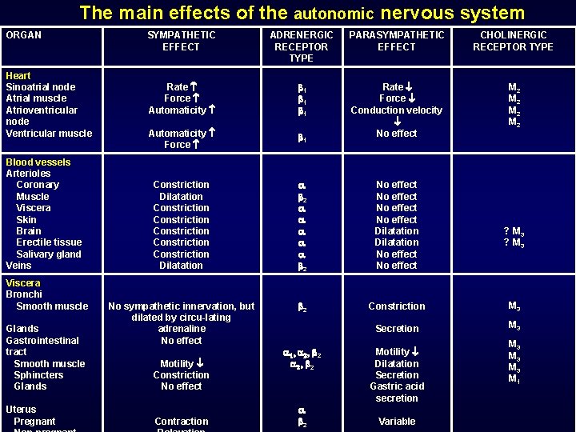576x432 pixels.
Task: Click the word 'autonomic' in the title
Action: pyautogui.click(x=334, y=14)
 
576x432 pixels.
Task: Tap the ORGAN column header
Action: pyautogui.click(x=23, y=35)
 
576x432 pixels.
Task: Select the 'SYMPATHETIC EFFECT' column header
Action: pyautogui.click(x=181, y=41)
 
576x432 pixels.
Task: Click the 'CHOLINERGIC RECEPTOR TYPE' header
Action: pyautogui.click(x=513, y=41)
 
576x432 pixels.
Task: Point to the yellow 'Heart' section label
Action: pyautogui.click(x=18, y=76)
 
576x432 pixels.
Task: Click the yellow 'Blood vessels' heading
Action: pyautogui.click(x=38, y=162)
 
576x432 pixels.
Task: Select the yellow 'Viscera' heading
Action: pyautogui.click(x=23, y=283)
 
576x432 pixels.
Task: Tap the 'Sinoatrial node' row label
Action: pyautogui.click(x=41, y=87)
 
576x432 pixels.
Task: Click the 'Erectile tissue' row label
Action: pyautogui.click(x=49, y=242)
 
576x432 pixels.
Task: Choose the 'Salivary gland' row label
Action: pyautogui.click(x=49, y=254)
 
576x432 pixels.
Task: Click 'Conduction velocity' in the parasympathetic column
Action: pyautogui.click(x=396, y=110)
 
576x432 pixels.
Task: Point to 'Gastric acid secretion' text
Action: pyautogui.click(x=397, y=392)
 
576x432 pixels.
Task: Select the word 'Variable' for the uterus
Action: pyautogui.click(x=397, y=422)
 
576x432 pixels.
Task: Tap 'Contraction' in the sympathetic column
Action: pyautogui.click(x=181, y=422)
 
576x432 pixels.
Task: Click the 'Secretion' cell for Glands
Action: pyautogui.click(x=397, y=329)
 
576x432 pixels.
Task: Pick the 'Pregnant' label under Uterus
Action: pyautogui.click(x=34, y=422)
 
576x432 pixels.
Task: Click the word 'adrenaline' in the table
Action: pyautogui.click(x=182, y=329)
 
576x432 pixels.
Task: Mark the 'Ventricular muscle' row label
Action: pyautogui.click(x=49, y=134)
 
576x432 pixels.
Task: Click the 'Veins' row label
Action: pyautogui.click(x=18, y=266)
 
